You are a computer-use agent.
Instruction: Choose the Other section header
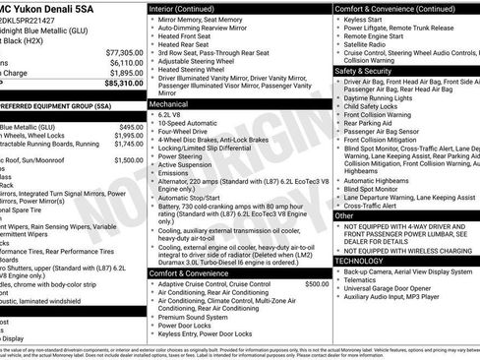(x=344, y=214)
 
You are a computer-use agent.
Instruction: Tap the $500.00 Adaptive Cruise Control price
(x=317, y=257)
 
